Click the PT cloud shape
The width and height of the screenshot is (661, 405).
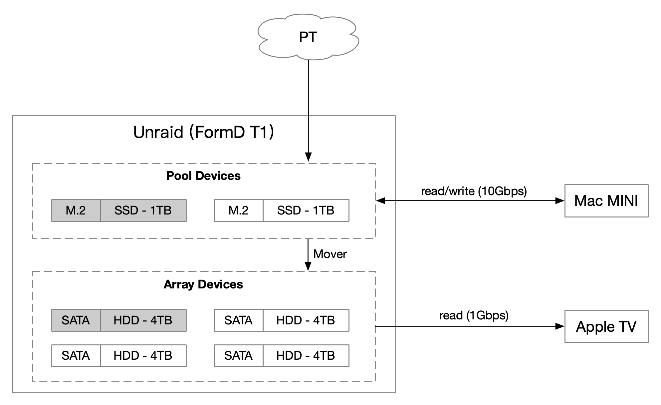(x=308, y=37)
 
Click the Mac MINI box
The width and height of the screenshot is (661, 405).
(x=606, y=201)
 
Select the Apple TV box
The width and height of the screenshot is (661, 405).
(x=606, y=326)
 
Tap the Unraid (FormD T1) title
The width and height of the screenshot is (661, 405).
(x=203, y=132)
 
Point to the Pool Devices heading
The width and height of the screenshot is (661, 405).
(x=203, y=176)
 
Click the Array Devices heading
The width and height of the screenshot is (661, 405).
(x=203, y=284)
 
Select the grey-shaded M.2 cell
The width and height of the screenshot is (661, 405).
(x=76, y=210)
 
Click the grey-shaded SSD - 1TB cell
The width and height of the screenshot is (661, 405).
(x=143, y=210)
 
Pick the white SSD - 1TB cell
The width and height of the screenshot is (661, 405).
(x=306, y=210)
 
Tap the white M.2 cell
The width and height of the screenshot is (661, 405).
(x=239, y=210)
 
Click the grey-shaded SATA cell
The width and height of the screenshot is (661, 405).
(x=76, y=320)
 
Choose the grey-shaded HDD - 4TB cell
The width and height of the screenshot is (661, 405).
(x=143, y=320)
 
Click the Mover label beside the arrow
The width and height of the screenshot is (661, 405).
(x=330, y=254)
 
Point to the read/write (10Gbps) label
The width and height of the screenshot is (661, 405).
(x=474, y=191)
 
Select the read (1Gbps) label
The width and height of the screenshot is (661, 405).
(x=474, y=315)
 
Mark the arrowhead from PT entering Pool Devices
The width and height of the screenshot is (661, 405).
(x=308, y=157)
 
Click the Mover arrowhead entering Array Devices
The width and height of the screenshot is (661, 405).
(x=308, y=266)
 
